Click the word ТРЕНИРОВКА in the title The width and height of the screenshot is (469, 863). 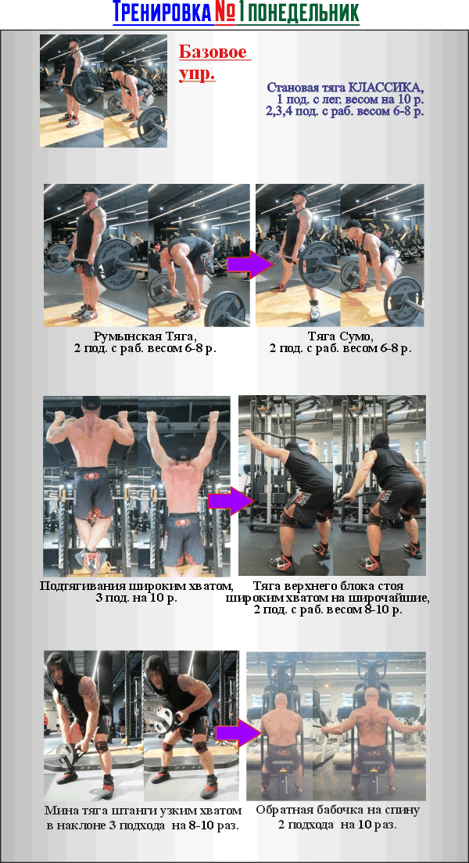(x=163, y=12)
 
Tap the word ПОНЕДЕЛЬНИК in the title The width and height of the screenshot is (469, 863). (x=299, y=12)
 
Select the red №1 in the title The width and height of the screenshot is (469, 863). (x=225, y=12)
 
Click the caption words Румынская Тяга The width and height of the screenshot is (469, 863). (x=145, y=335)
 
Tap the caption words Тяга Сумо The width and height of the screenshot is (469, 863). (x=340, y=335)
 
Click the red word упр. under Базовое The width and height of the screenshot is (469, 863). (x=197, y=74)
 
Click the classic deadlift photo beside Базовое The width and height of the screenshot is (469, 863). (x=103, y=91)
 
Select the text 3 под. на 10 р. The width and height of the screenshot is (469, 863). (x=136, y=599)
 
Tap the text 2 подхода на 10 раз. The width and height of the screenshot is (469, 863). (x=338, y=825)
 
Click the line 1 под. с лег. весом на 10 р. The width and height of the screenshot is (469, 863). (x=350, y=99)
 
